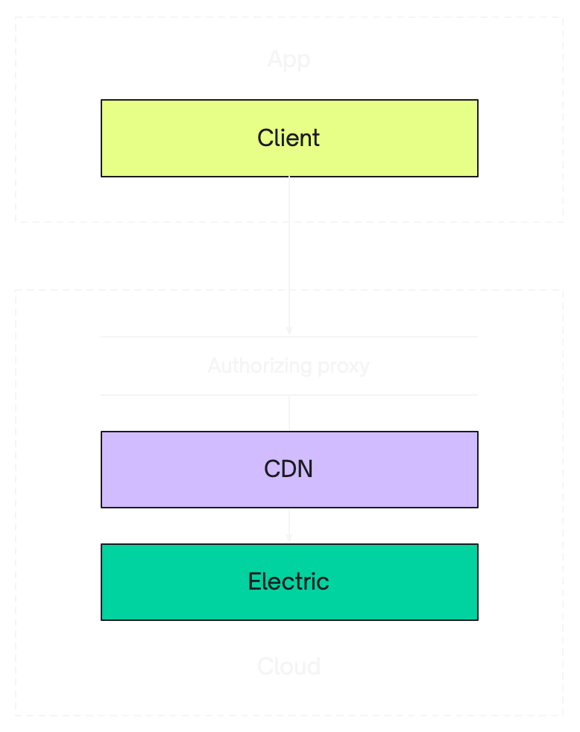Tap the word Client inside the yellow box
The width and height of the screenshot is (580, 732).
point(289,138)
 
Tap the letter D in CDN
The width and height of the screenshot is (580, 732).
point(289,470)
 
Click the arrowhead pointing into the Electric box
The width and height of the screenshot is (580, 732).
point(289,538)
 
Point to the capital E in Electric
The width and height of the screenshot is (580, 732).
point(255,581)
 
